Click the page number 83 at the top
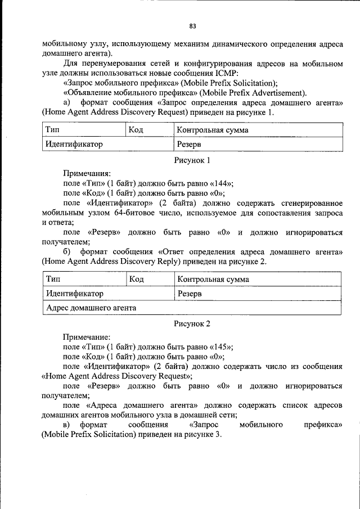point(193,26)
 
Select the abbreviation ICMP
point(227,73)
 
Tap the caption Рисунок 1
point(192,160)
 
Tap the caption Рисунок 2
point(192,324)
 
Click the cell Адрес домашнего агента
point(91,308)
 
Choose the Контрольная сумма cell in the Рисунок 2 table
point(213,280)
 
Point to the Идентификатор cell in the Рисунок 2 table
point(75,294)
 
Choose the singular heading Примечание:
point(87,337)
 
